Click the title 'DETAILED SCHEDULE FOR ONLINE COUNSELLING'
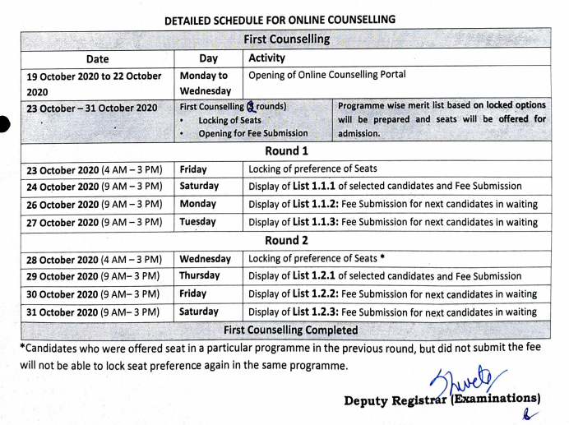[x=280, y=19]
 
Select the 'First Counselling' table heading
[x=286, y=39]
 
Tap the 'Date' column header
[x=97, y=59]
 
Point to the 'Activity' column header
[x=266, y=58]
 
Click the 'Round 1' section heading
[x=286, y=151]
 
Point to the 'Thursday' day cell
[x=200, y=275]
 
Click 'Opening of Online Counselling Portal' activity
[x=326, y=75]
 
